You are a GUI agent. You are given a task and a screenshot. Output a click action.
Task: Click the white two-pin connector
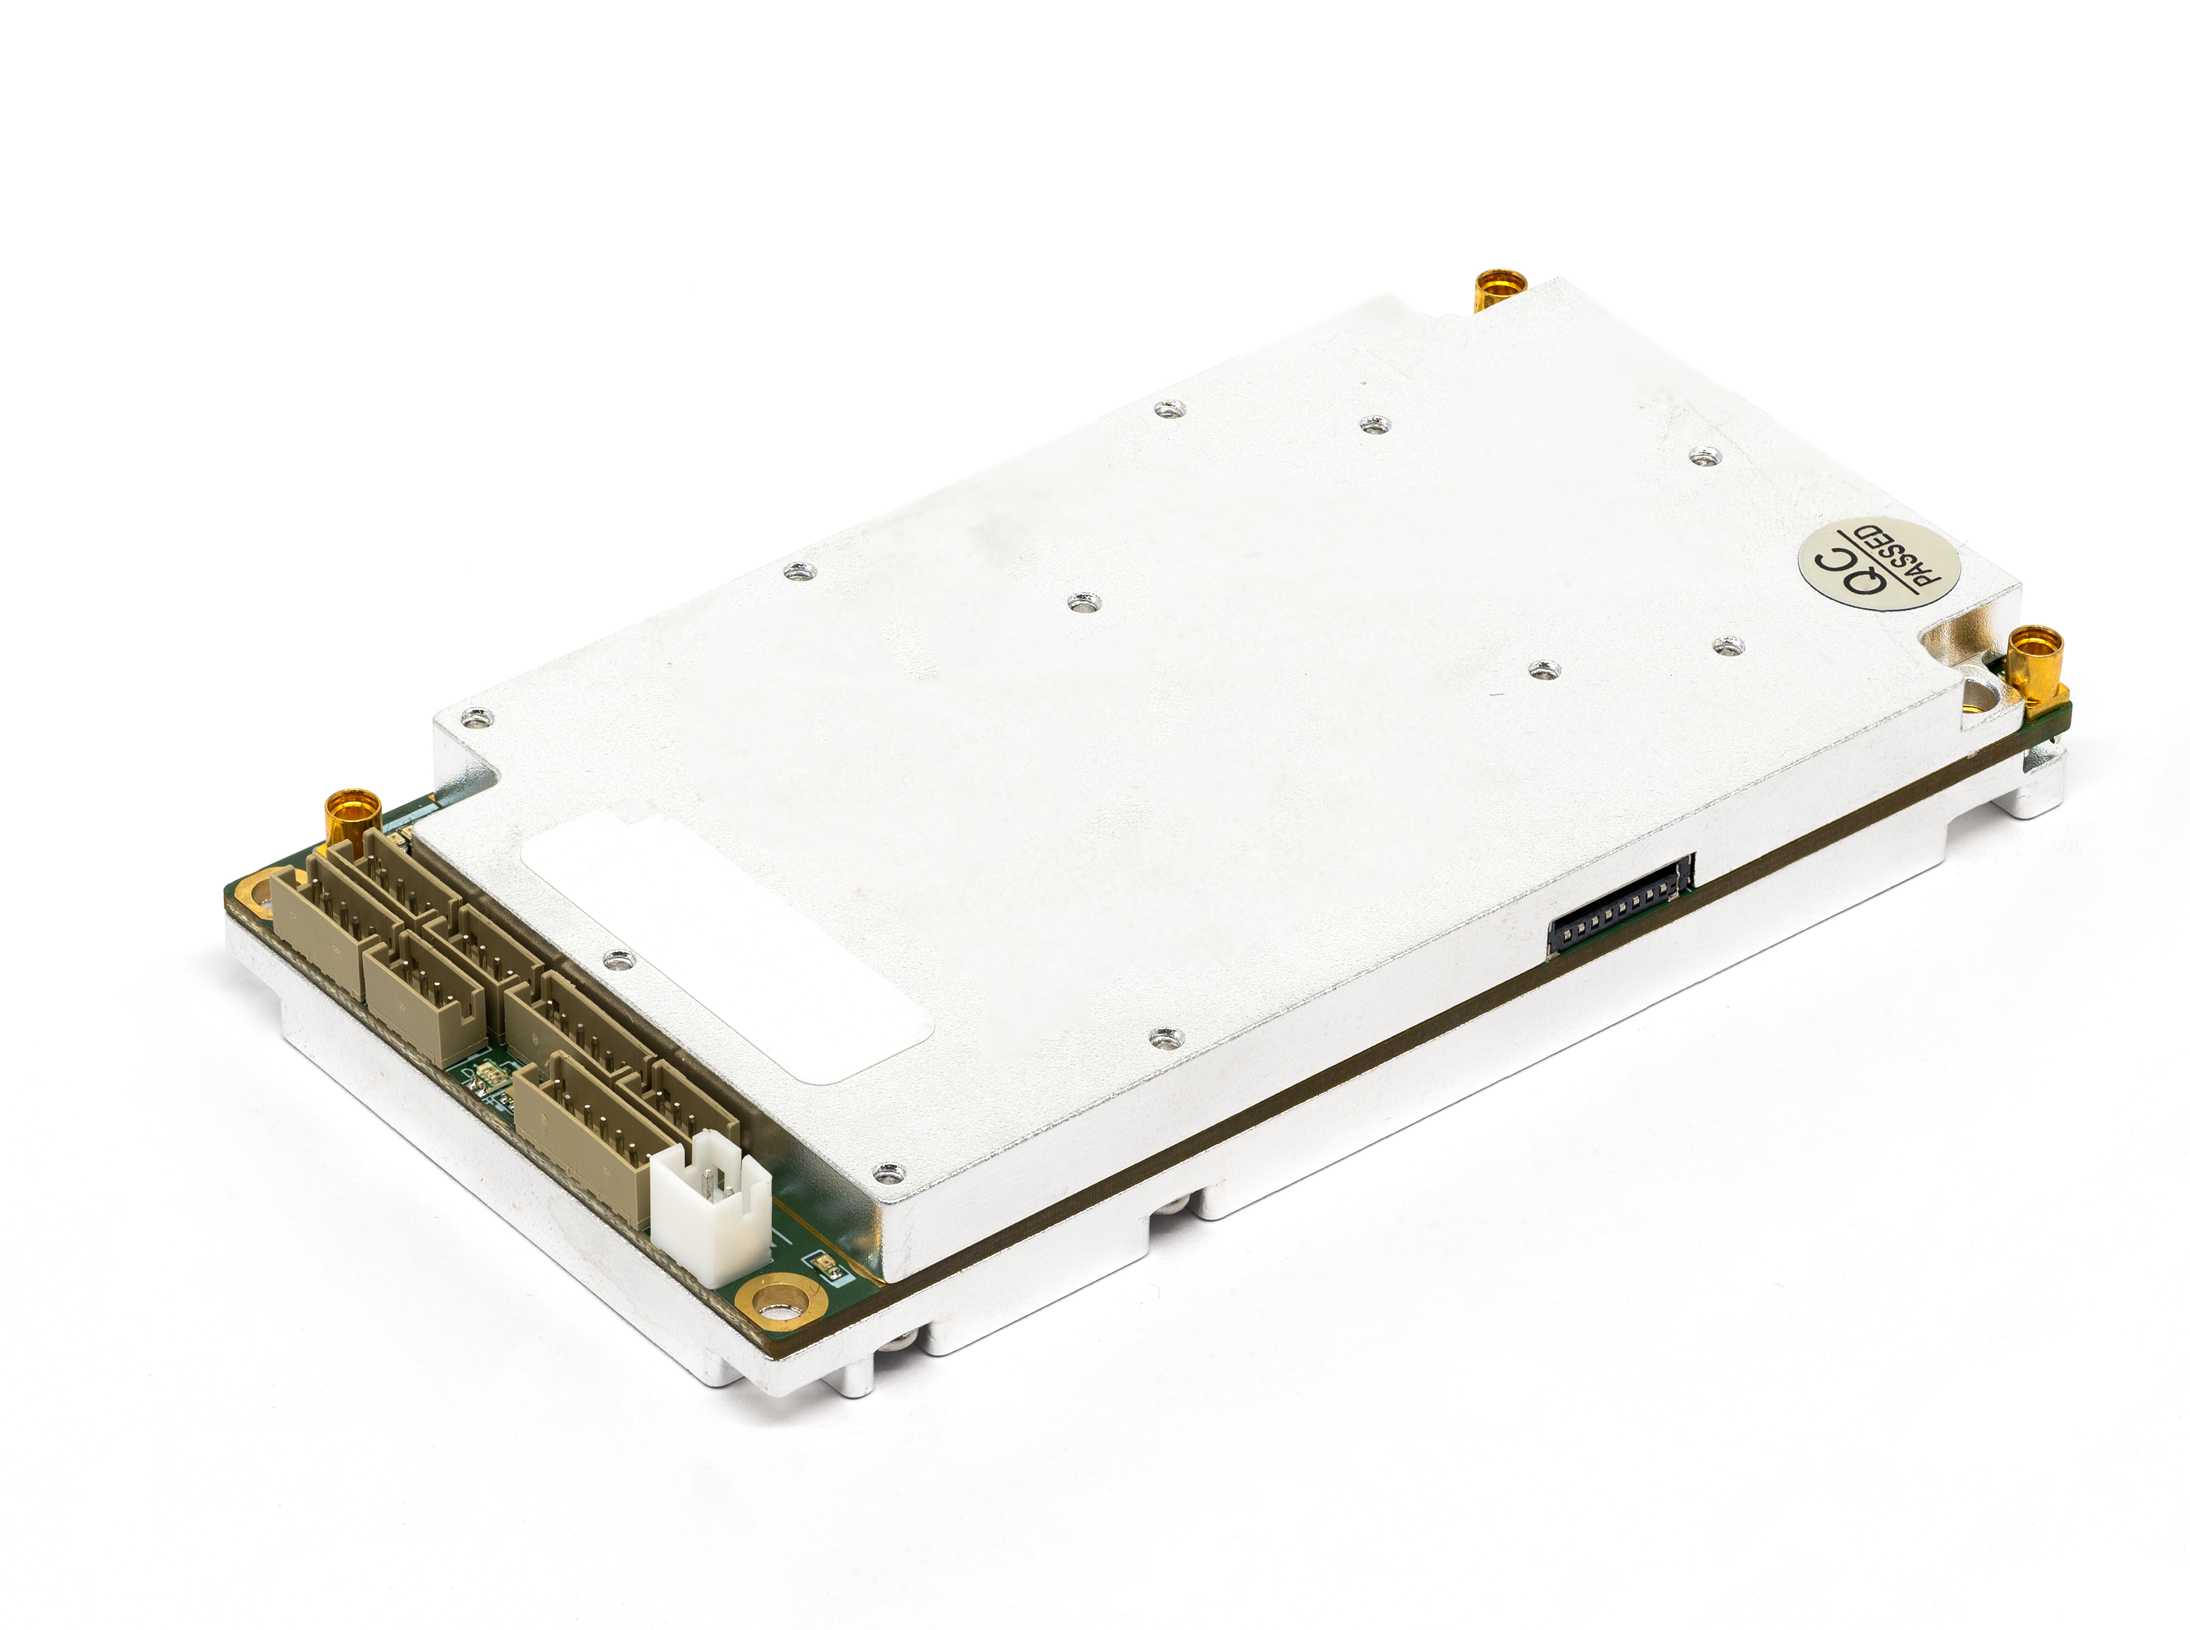[710, 1207]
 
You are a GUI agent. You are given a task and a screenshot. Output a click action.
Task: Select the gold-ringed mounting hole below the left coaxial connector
[255, 894]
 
